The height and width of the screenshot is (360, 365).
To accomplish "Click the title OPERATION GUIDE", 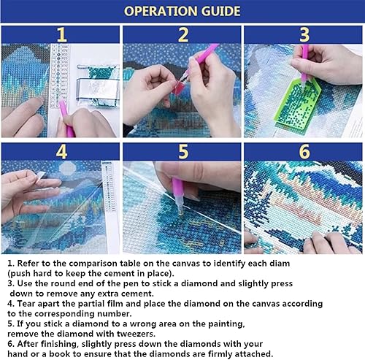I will click(x=182, y=12).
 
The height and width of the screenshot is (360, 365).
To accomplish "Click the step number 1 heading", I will click(x=61, y=34).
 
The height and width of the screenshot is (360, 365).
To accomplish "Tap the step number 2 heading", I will click(x=182, y=34).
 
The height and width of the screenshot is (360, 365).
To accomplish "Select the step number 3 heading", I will click(x=304, y=34).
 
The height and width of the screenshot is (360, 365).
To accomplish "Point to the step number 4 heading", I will click(x=61, y=152).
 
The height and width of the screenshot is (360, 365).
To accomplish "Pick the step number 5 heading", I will click(x=182, y=152).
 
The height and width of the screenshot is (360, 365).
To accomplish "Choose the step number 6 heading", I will click(x=304, y=152).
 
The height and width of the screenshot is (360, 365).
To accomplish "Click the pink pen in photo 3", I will click(x=305, y=62).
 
